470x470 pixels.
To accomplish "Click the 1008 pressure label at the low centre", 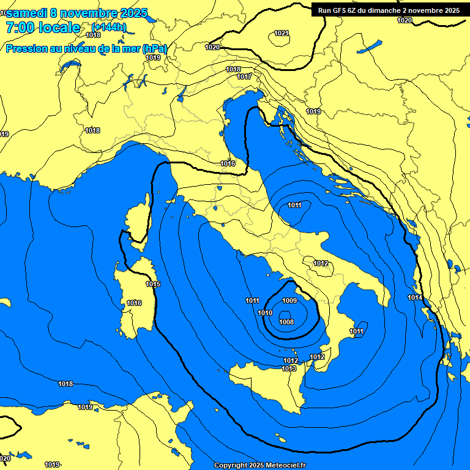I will tap(286, 322).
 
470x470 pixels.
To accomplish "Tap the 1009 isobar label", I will tap(289, 300).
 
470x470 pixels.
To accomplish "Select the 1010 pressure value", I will tap(265, 313).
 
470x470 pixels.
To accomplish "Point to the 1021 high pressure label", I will tap(282, 33).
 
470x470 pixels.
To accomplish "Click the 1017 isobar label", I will tap(245, 76).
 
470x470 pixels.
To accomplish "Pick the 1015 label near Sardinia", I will tap(153, 285).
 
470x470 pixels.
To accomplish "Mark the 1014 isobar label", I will tap(415, 297).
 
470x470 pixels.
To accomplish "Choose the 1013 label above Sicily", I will tap(289, 368).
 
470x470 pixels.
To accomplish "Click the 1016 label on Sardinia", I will tap(134, 304).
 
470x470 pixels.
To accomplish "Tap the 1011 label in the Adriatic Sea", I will tap(294, 205).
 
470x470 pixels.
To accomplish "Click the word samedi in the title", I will tap(28, 13).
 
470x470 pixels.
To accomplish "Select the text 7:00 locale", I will tap(42, 28).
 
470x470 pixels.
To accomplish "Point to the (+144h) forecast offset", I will tap(108, 28).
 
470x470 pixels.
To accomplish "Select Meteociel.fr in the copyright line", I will tap(289, 465).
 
